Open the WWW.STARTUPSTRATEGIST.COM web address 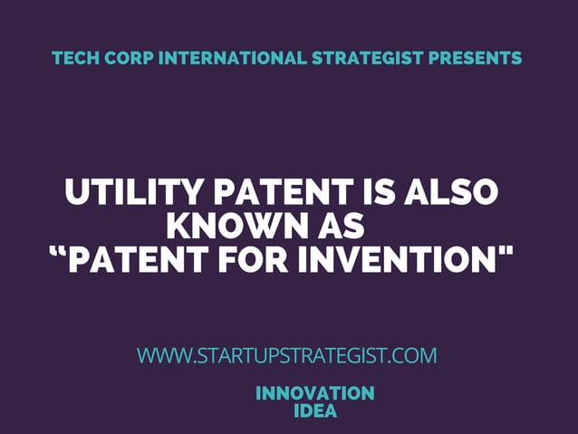(286, 355)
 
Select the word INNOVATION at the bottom (314, 393)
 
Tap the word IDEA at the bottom (315, 410)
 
